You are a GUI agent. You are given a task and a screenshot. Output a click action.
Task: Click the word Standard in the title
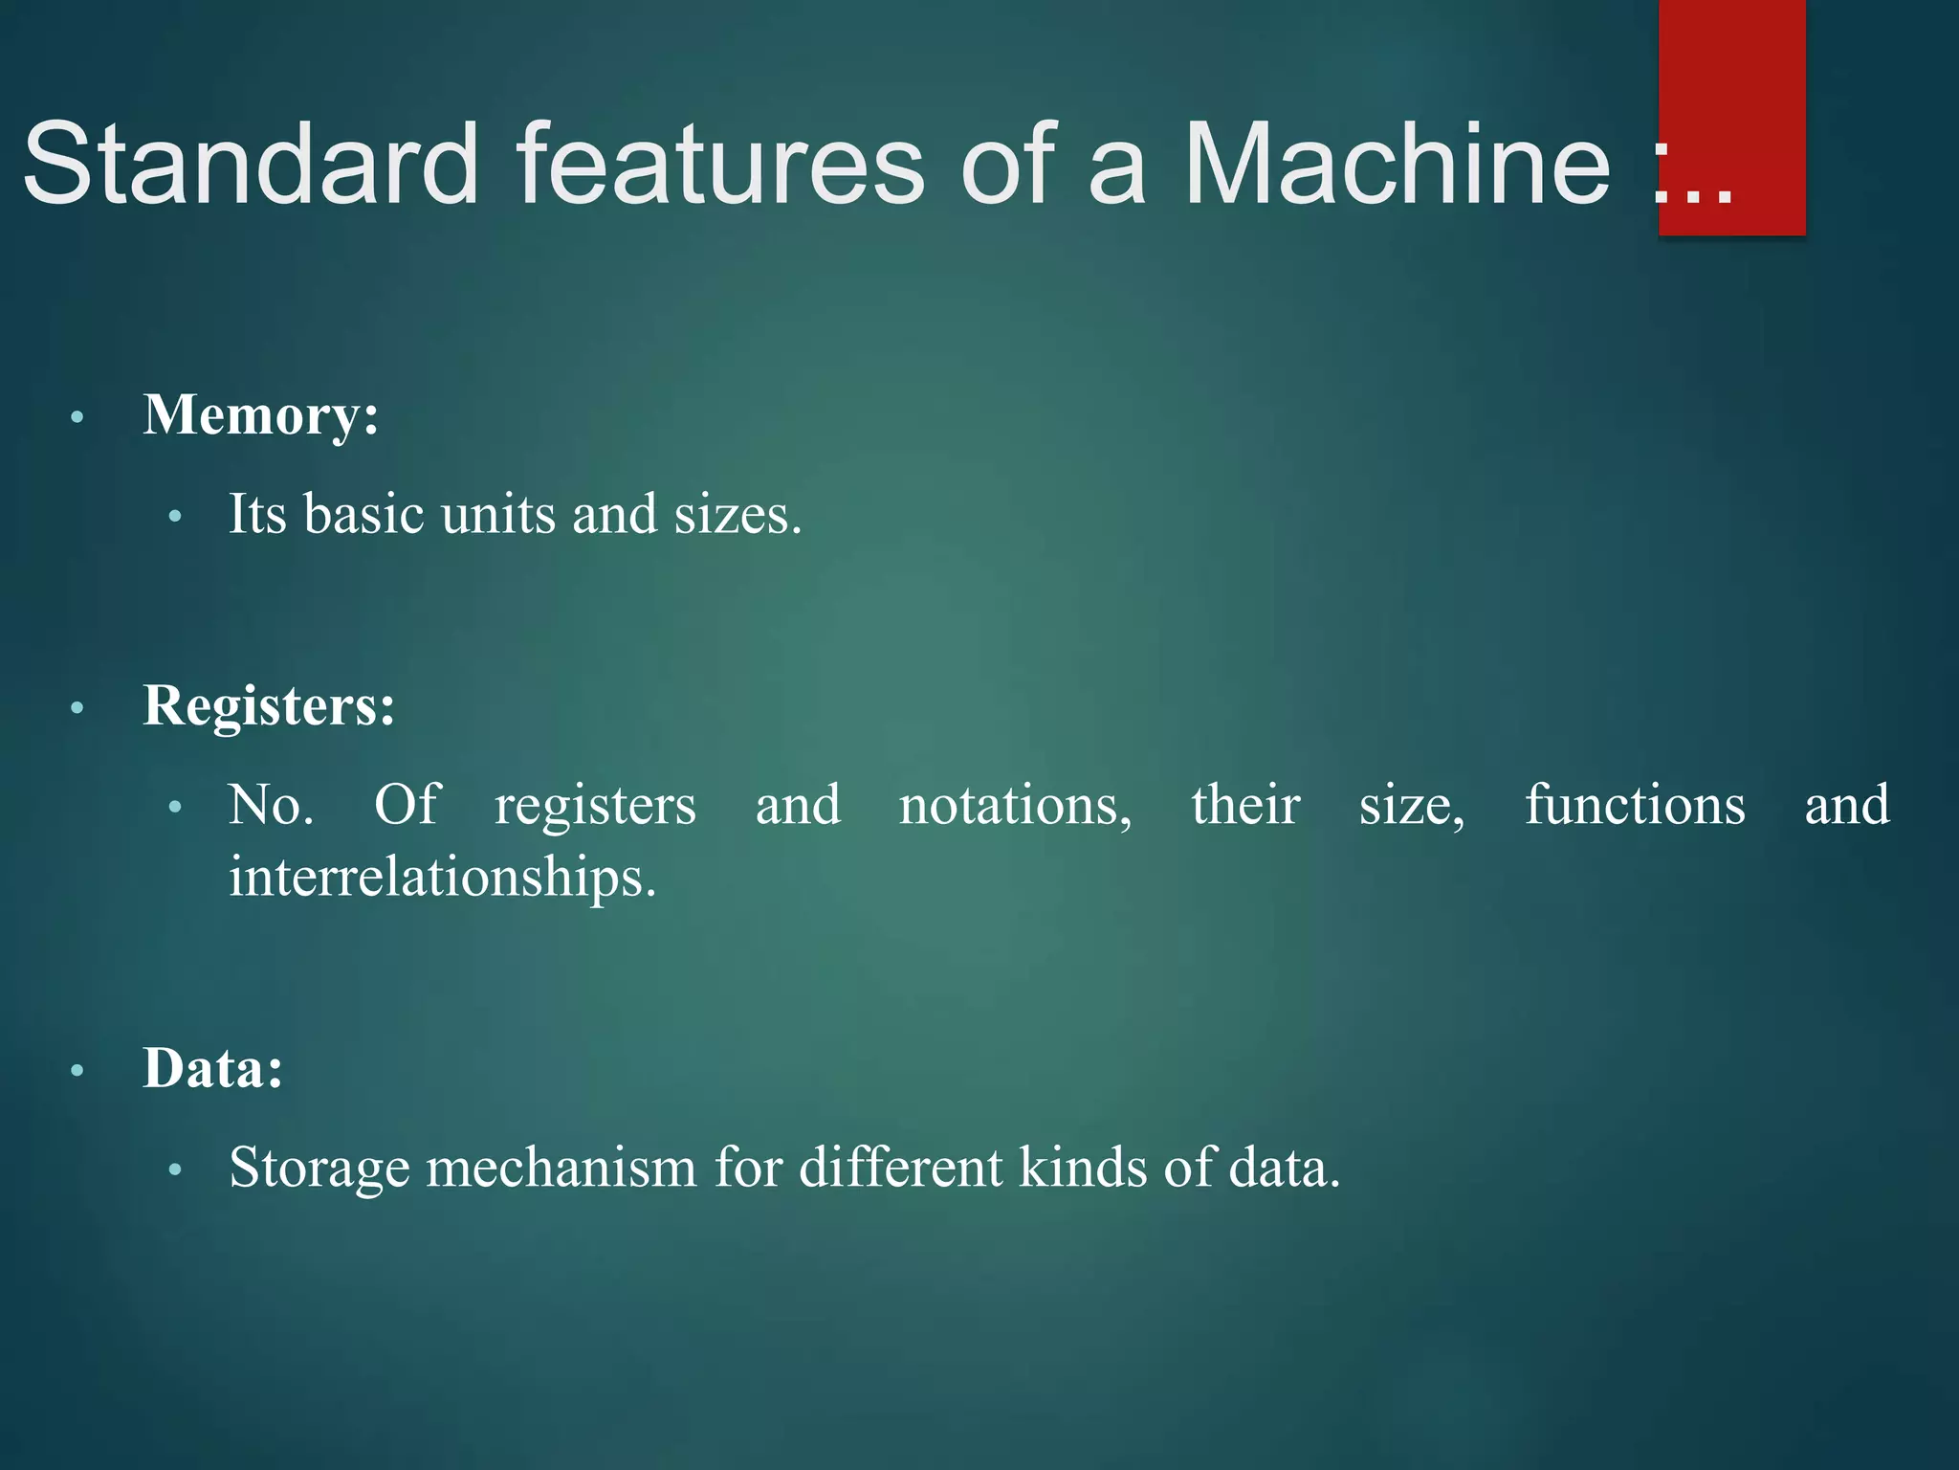pos(251,165)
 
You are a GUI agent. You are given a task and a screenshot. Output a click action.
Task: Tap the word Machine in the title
pos(1398,165)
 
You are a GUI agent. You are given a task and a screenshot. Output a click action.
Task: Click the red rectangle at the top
pos(1731,57)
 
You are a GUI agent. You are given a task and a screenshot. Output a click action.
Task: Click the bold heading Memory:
pos(261,416)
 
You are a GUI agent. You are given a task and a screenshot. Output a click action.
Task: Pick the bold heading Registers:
pos(269,706)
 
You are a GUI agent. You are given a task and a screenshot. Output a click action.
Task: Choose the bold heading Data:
pos(213,1068)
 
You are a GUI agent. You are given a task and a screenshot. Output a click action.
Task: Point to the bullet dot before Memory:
pos(77,418)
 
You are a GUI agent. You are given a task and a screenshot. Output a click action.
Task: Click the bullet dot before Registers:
pos(77,709)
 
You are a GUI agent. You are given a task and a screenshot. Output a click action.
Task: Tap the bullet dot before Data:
pos(77,1071)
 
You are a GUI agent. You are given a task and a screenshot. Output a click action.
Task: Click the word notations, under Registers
pos(1015,806)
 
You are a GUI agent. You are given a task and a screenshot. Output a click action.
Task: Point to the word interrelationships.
pos(442,878)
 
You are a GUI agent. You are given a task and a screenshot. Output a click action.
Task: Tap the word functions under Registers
pos(1634,806)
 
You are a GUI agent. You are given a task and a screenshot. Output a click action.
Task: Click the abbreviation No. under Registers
pos(271,806)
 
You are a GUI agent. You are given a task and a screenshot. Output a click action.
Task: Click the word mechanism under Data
pos(561,1169)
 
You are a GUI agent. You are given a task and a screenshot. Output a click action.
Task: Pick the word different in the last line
pos(900,1169)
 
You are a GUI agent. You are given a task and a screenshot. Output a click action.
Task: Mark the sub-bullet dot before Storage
pos(174,1170)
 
